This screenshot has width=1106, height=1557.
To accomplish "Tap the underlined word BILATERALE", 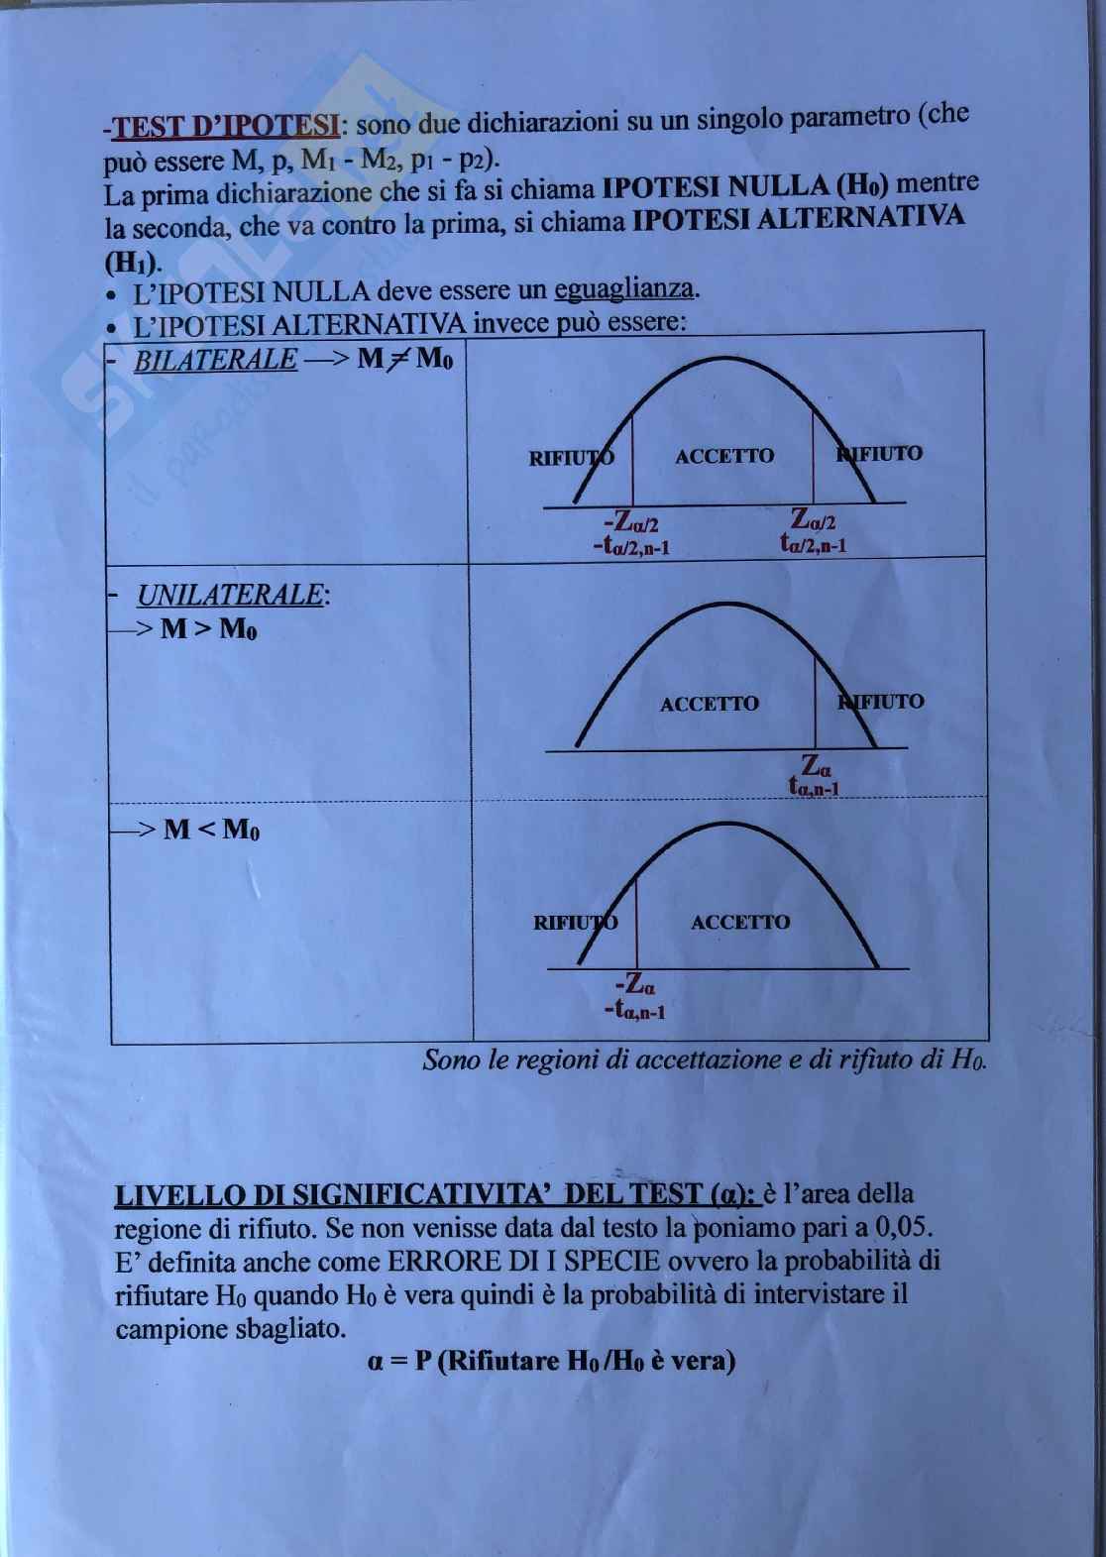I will coord(214,359).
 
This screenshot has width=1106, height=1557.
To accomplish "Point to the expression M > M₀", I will coord(208,629).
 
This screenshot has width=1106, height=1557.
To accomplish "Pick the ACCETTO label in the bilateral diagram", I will coord(724,456).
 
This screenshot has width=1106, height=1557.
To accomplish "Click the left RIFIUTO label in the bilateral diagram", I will coord(571,458).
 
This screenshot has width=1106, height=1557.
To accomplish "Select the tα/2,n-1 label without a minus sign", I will coord(813,544).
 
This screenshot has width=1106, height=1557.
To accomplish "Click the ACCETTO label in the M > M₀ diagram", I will coord(709,704).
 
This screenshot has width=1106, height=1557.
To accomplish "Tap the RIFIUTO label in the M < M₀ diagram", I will coord(575,923).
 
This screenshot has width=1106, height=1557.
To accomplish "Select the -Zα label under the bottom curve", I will coord(635,985).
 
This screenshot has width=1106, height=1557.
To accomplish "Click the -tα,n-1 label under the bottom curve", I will coord(634,1011).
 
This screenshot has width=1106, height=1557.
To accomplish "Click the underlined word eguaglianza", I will coord(623,290).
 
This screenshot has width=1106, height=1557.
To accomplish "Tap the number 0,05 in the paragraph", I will coord(905,1228).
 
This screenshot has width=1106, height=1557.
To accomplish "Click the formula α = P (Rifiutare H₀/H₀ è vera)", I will coord(551,1361).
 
